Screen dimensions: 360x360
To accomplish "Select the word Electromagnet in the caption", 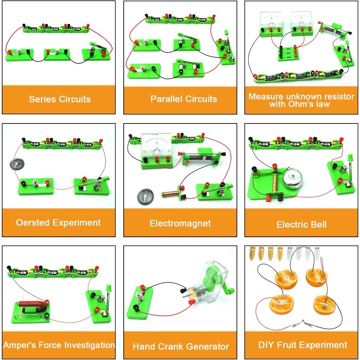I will click(x=180, y=223).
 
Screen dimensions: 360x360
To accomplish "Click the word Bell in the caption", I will click(x=318, y=225).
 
